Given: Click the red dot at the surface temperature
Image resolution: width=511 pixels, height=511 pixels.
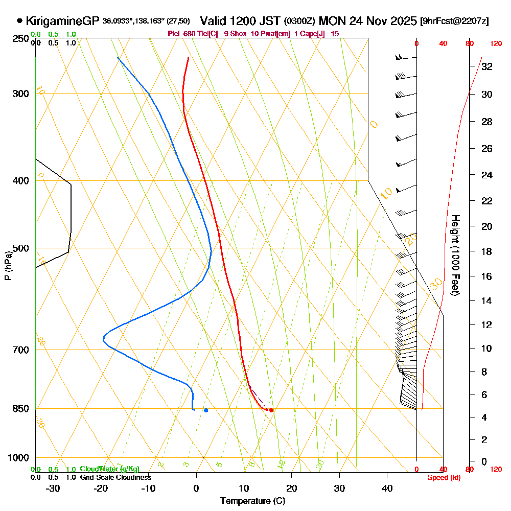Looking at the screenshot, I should point(271,410).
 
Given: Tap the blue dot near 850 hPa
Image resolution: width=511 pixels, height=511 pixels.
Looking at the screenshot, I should point(206,410).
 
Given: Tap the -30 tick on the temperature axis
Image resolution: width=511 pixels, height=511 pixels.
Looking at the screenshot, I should point(53,489).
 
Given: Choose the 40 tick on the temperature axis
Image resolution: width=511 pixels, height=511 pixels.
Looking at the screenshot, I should point(387,489).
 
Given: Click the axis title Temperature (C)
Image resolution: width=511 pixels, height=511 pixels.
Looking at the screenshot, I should point(252,501).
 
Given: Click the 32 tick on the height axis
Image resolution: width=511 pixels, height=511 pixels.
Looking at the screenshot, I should point(486,66).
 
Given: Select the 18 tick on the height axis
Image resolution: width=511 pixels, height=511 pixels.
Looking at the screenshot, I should point(486,251).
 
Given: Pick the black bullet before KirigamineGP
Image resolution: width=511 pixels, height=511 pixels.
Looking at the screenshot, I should point(19,21).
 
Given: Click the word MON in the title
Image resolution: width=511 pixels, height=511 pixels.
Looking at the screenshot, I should point(332,21).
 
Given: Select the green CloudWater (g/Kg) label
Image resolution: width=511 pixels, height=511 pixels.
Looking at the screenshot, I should point(109,469).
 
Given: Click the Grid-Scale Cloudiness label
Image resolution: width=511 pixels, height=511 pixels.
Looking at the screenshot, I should point(115,477).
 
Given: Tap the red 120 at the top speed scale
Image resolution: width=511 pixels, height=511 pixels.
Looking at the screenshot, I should point(496,44).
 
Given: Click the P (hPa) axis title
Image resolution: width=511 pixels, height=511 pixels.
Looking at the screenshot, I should point(8,265).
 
